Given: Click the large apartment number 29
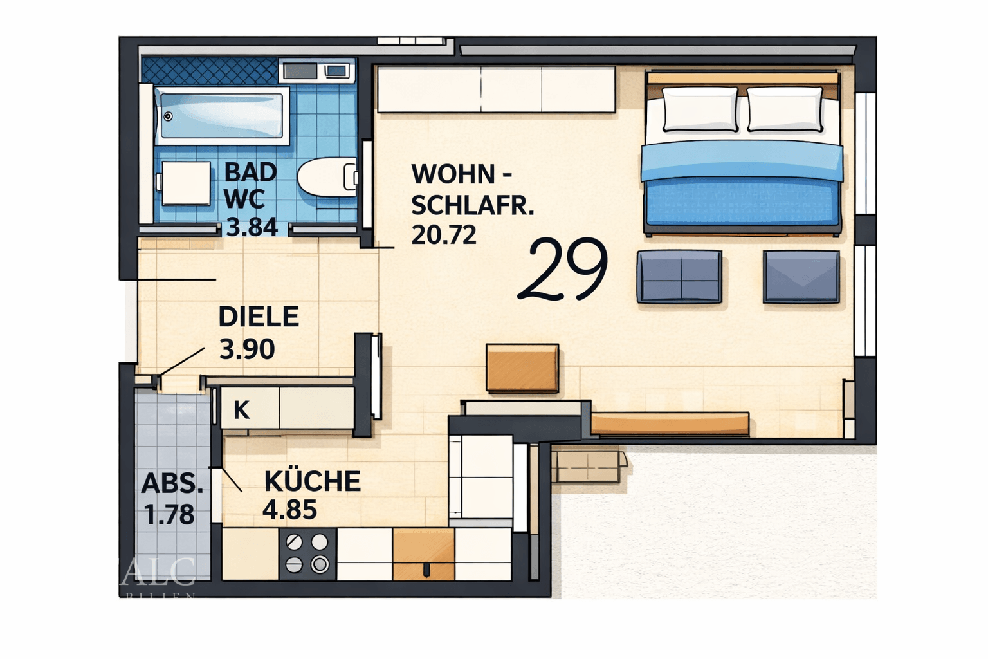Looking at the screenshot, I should [563, 269].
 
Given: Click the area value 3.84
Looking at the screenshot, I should [252, 227].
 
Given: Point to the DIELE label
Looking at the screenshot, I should [259, 317].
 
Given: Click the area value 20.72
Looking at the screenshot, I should [444, 235].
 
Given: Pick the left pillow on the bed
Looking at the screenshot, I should [700, 109].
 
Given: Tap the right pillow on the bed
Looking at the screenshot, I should [785, 109].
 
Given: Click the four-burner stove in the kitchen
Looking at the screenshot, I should [307, 553].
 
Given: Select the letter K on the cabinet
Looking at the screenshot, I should [241, 409].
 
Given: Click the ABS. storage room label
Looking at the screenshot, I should [172, 483].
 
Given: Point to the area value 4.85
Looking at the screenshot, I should [289, 510].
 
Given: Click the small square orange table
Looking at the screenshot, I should [522, 367].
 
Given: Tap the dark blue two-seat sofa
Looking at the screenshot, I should [679, 277].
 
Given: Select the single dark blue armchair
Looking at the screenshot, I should [801, 277].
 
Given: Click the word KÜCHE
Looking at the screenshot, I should [313, 481].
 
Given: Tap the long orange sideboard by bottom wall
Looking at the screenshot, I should [669, 423].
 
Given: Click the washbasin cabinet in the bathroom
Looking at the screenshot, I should [185, 183].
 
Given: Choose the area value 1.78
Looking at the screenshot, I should [169, 515].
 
